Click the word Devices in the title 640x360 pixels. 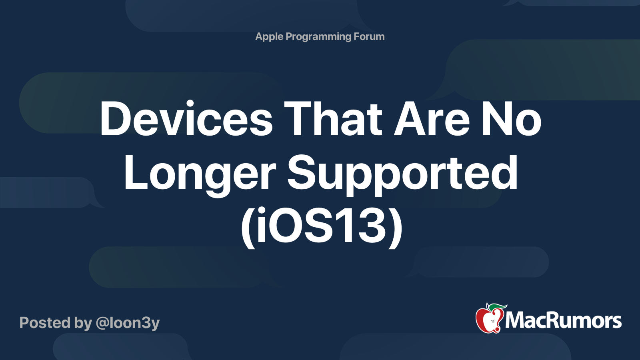click(186, 119)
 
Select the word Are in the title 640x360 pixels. click(432, 119)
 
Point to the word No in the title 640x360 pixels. click(511, 119)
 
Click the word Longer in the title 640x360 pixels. click(200, 174)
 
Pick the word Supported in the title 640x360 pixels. click(402, 174)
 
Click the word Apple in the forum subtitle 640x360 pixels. click(269, 37)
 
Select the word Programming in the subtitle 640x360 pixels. click(318, 37)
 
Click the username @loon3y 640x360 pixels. click(128, 323)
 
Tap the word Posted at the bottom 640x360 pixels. click(44, 323)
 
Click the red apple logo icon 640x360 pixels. click(488, 320)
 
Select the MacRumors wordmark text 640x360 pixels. click(563, 321)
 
